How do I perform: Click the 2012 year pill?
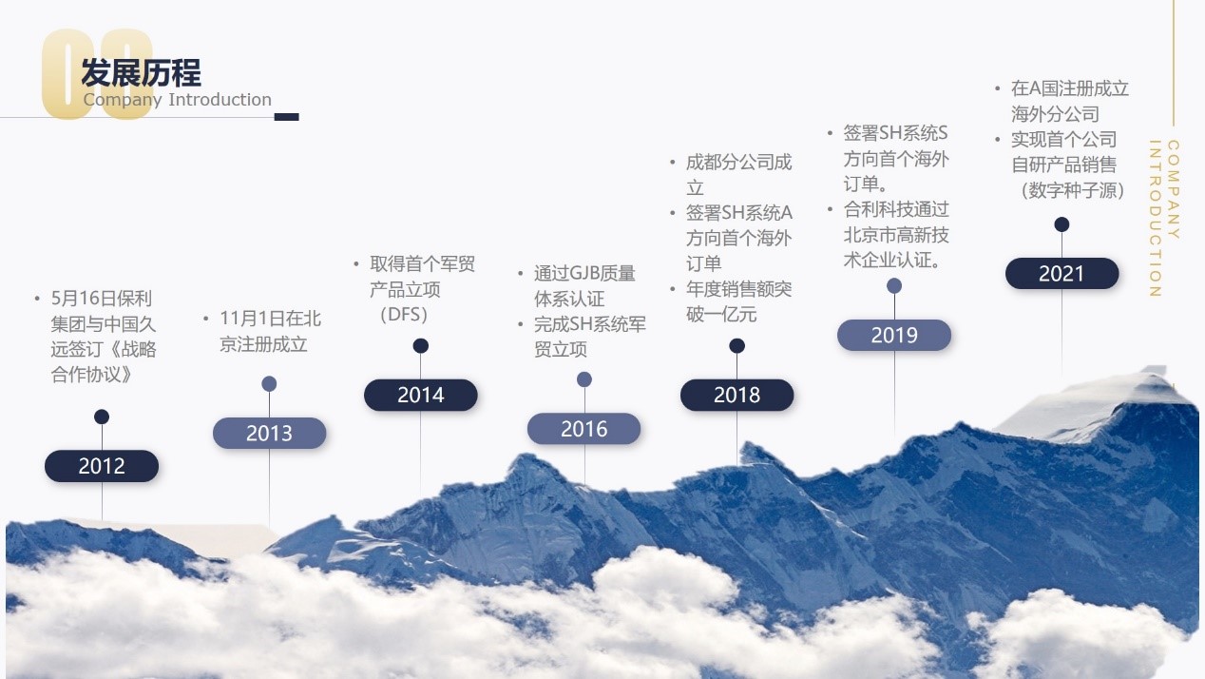[102, 466]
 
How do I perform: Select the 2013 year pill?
[270, 433]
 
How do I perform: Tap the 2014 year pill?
[421, 395]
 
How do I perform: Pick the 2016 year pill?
[584, 429]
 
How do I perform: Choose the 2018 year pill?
[737, 395]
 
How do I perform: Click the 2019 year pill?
[894, 335]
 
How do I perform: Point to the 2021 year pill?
[1062, 274]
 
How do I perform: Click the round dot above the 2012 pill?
[102, 417]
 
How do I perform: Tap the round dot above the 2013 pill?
[269, 384]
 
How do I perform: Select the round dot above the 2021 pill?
[1062, 224]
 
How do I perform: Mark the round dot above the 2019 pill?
[894, 286]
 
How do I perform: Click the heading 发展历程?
[141, 72]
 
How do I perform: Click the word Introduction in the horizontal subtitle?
[220, 100]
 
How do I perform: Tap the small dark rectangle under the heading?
[286, 117]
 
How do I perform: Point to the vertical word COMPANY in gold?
[1174, 189]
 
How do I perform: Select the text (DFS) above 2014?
[404, 315]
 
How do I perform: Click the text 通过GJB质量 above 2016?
[584, 274]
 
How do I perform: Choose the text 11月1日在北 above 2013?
[271, 319]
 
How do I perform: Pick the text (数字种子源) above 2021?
[1073, 190]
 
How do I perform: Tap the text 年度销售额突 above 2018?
[738, 289]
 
